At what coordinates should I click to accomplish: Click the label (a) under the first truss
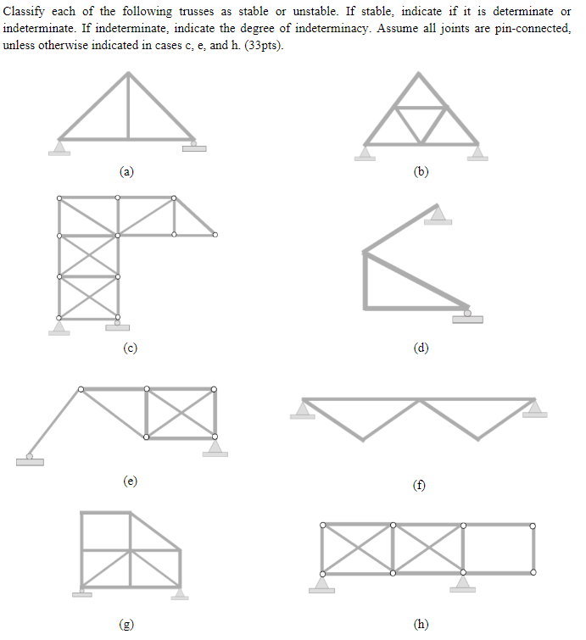pos(126,171)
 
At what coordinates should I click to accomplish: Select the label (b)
pos(421,171)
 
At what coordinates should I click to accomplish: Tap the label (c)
pos(130,347)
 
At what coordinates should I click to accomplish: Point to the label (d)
pos(421,347)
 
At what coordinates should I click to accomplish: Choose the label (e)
pos(130,481)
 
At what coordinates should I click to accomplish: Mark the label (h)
pos(421,625)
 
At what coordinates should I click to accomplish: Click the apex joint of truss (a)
pos(128,73)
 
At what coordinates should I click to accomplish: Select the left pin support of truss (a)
pos(59,147)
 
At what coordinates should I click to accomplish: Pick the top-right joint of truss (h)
pos(533,526)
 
